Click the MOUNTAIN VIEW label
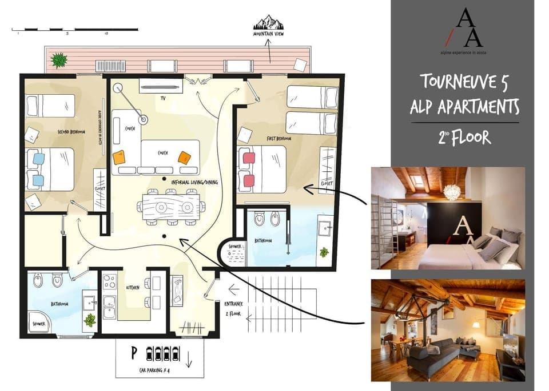(x=268, y=34)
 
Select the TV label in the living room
(x=163, y=98)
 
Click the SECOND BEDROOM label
(x=71, y=132)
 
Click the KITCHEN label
(x=132, y=288)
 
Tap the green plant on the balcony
(x=58, y=59)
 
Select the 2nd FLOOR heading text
(x=464, y=137)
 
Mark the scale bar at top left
(x=74, y=29)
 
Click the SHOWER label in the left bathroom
(x=38, y=324)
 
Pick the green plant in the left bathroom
(x=89, y=320)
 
